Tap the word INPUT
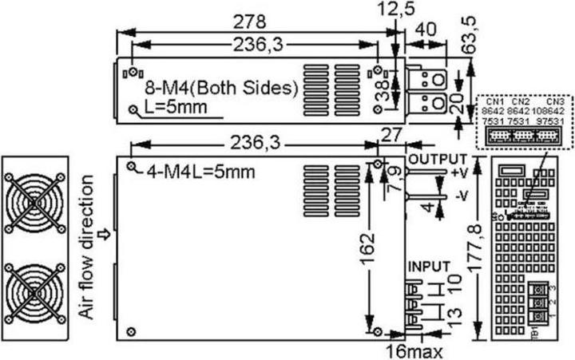430,266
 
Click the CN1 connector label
495,102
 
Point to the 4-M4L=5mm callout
200,170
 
